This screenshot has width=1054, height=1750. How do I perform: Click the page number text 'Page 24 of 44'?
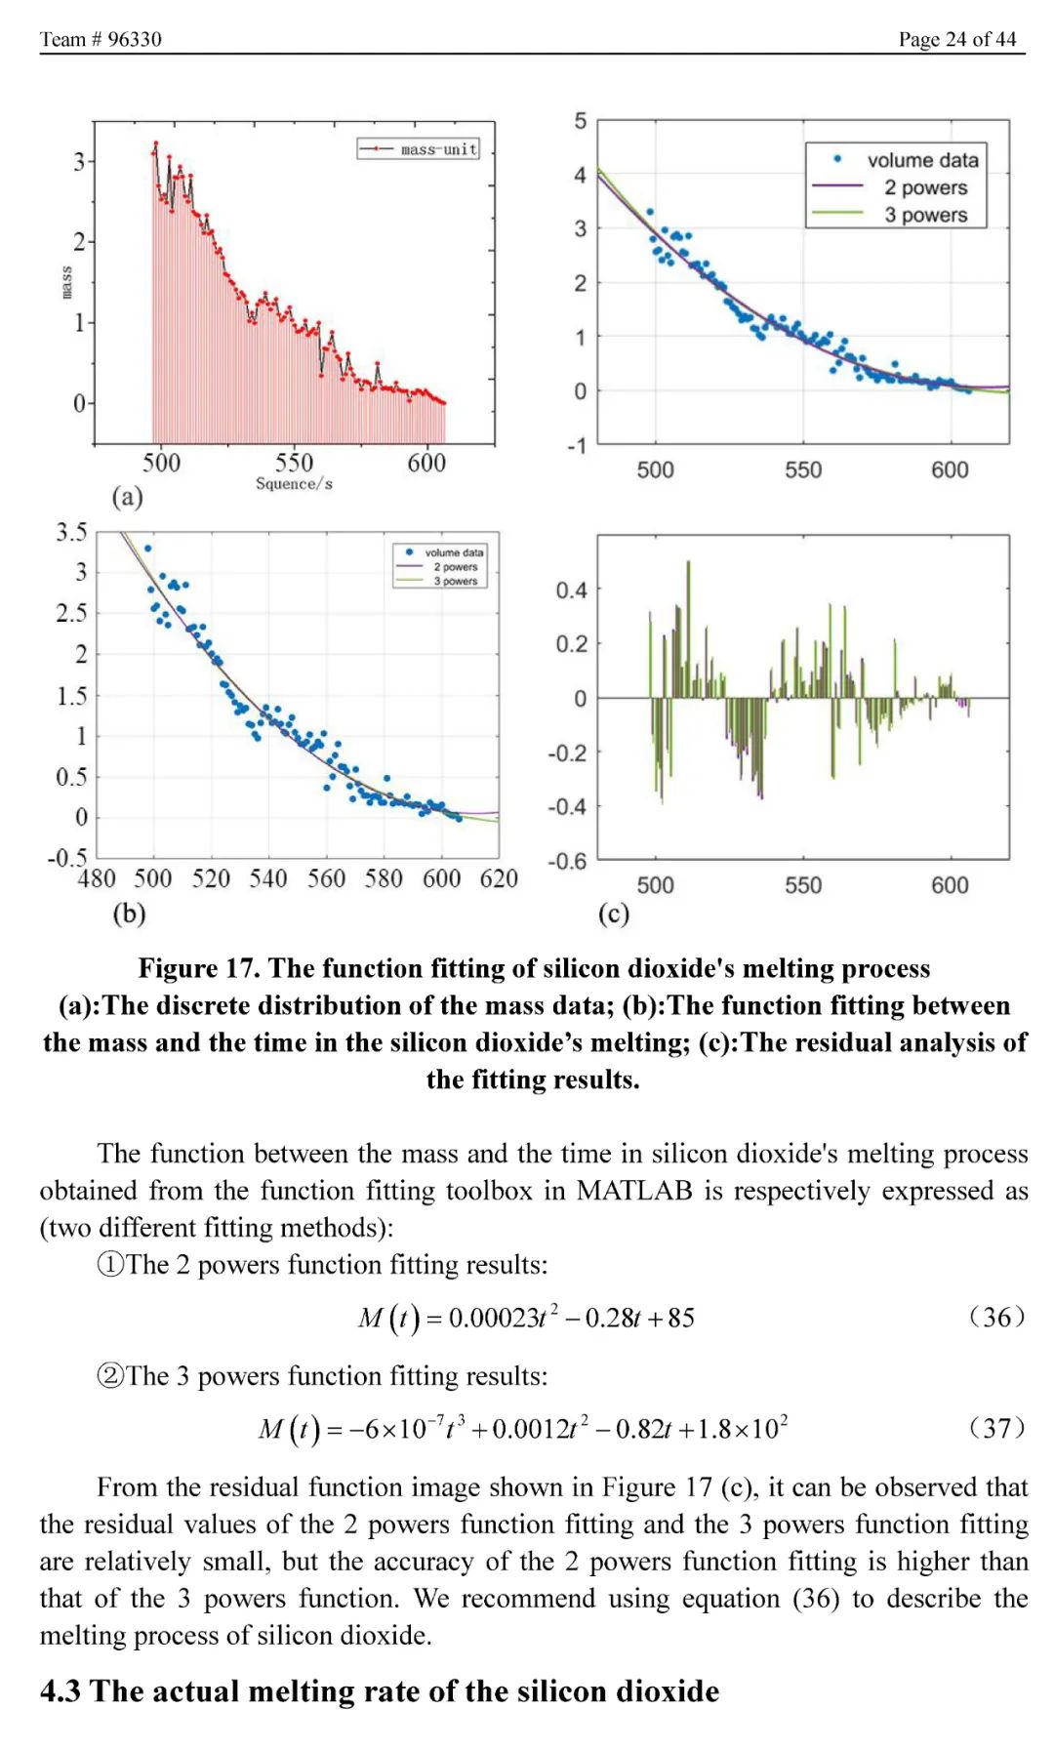956,39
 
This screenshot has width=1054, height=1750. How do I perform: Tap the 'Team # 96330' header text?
101,39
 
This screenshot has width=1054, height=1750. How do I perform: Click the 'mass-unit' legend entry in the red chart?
438,149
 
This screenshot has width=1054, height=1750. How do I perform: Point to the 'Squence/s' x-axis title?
294,483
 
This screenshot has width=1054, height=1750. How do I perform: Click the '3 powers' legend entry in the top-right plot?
925,215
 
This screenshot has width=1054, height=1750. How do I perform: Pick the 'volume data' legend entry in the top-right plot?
922,160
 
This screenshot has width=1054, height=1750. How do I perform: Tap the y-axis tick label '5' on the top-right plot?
581,121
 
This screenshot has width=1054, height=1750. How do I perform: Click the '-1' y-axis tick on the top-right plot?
578,446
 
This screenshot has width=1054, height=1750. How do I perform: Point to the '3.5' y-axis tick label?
71,532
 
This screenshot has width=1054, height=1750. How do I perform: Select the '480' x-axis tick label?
97,879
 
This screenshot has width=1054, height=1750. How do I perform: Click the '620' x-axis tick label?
499,879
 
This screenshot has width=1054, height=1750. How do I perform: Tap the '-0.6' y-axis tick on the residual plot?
567,861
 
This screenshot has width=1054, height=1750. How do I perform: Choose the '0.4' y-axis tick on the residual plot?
571,590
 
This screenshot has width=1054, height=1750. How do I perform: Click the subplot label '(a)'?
128,497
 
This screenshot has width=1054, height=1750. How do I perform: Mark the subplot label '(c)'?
614,914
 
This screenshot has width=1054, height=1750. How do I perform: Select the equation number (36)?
996,1317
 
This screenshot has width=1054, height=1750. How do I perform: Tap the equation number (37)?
996,1428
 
